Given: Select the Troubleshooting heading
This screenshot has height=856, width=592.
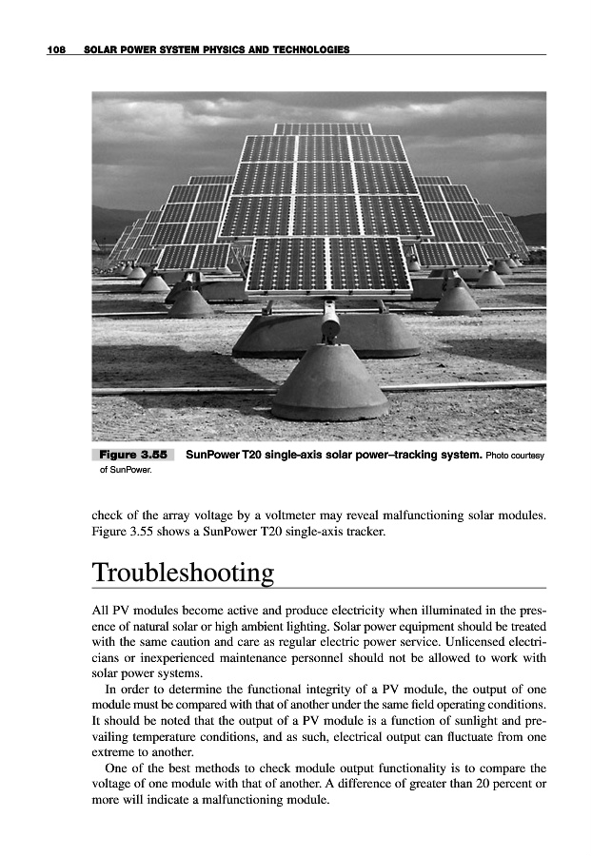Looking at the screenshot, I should pos(183,574).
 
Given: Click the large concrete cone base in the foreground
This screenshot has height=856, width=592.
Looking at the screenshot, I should pos(328,380).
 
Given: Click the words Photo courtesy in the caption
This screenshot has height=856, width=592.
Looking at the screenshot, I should pos(515,456).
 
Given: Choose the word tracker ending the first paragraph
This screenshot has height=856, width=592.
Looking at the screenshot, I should pos(365,532).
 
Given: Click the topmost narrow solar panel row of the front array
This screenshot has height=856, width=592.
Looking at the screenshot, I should pos(323,128).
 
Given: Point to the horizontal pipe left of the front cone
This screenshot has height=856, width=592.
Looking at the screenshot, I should pos(181,390).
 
